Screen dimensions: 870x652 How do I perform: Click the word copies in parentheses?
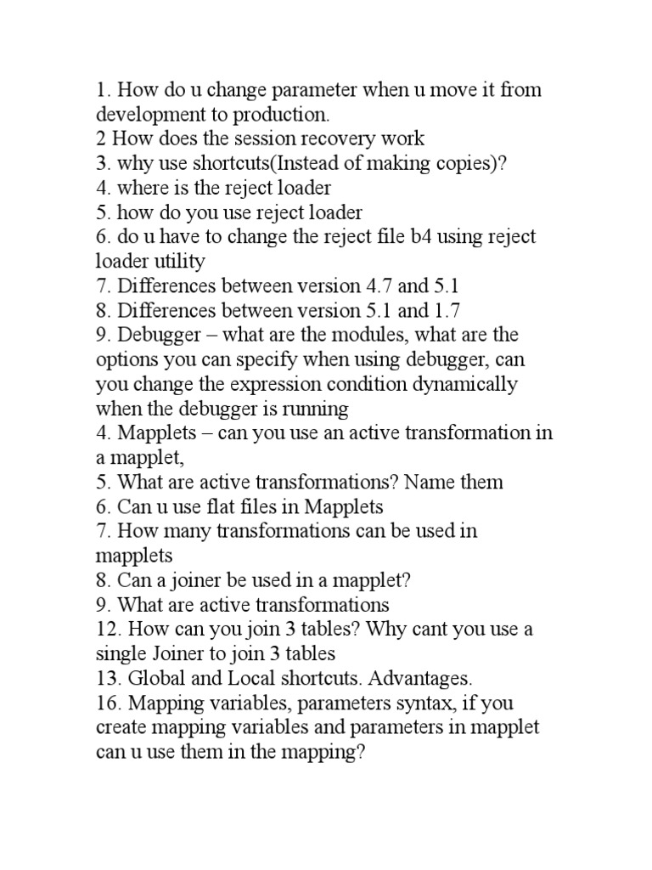(x=460, y=163)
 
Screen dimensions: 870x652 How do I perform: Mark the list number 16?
(x=106, y=703)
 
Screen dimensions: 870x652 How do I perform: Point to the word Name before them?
(x=431, y=483)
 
